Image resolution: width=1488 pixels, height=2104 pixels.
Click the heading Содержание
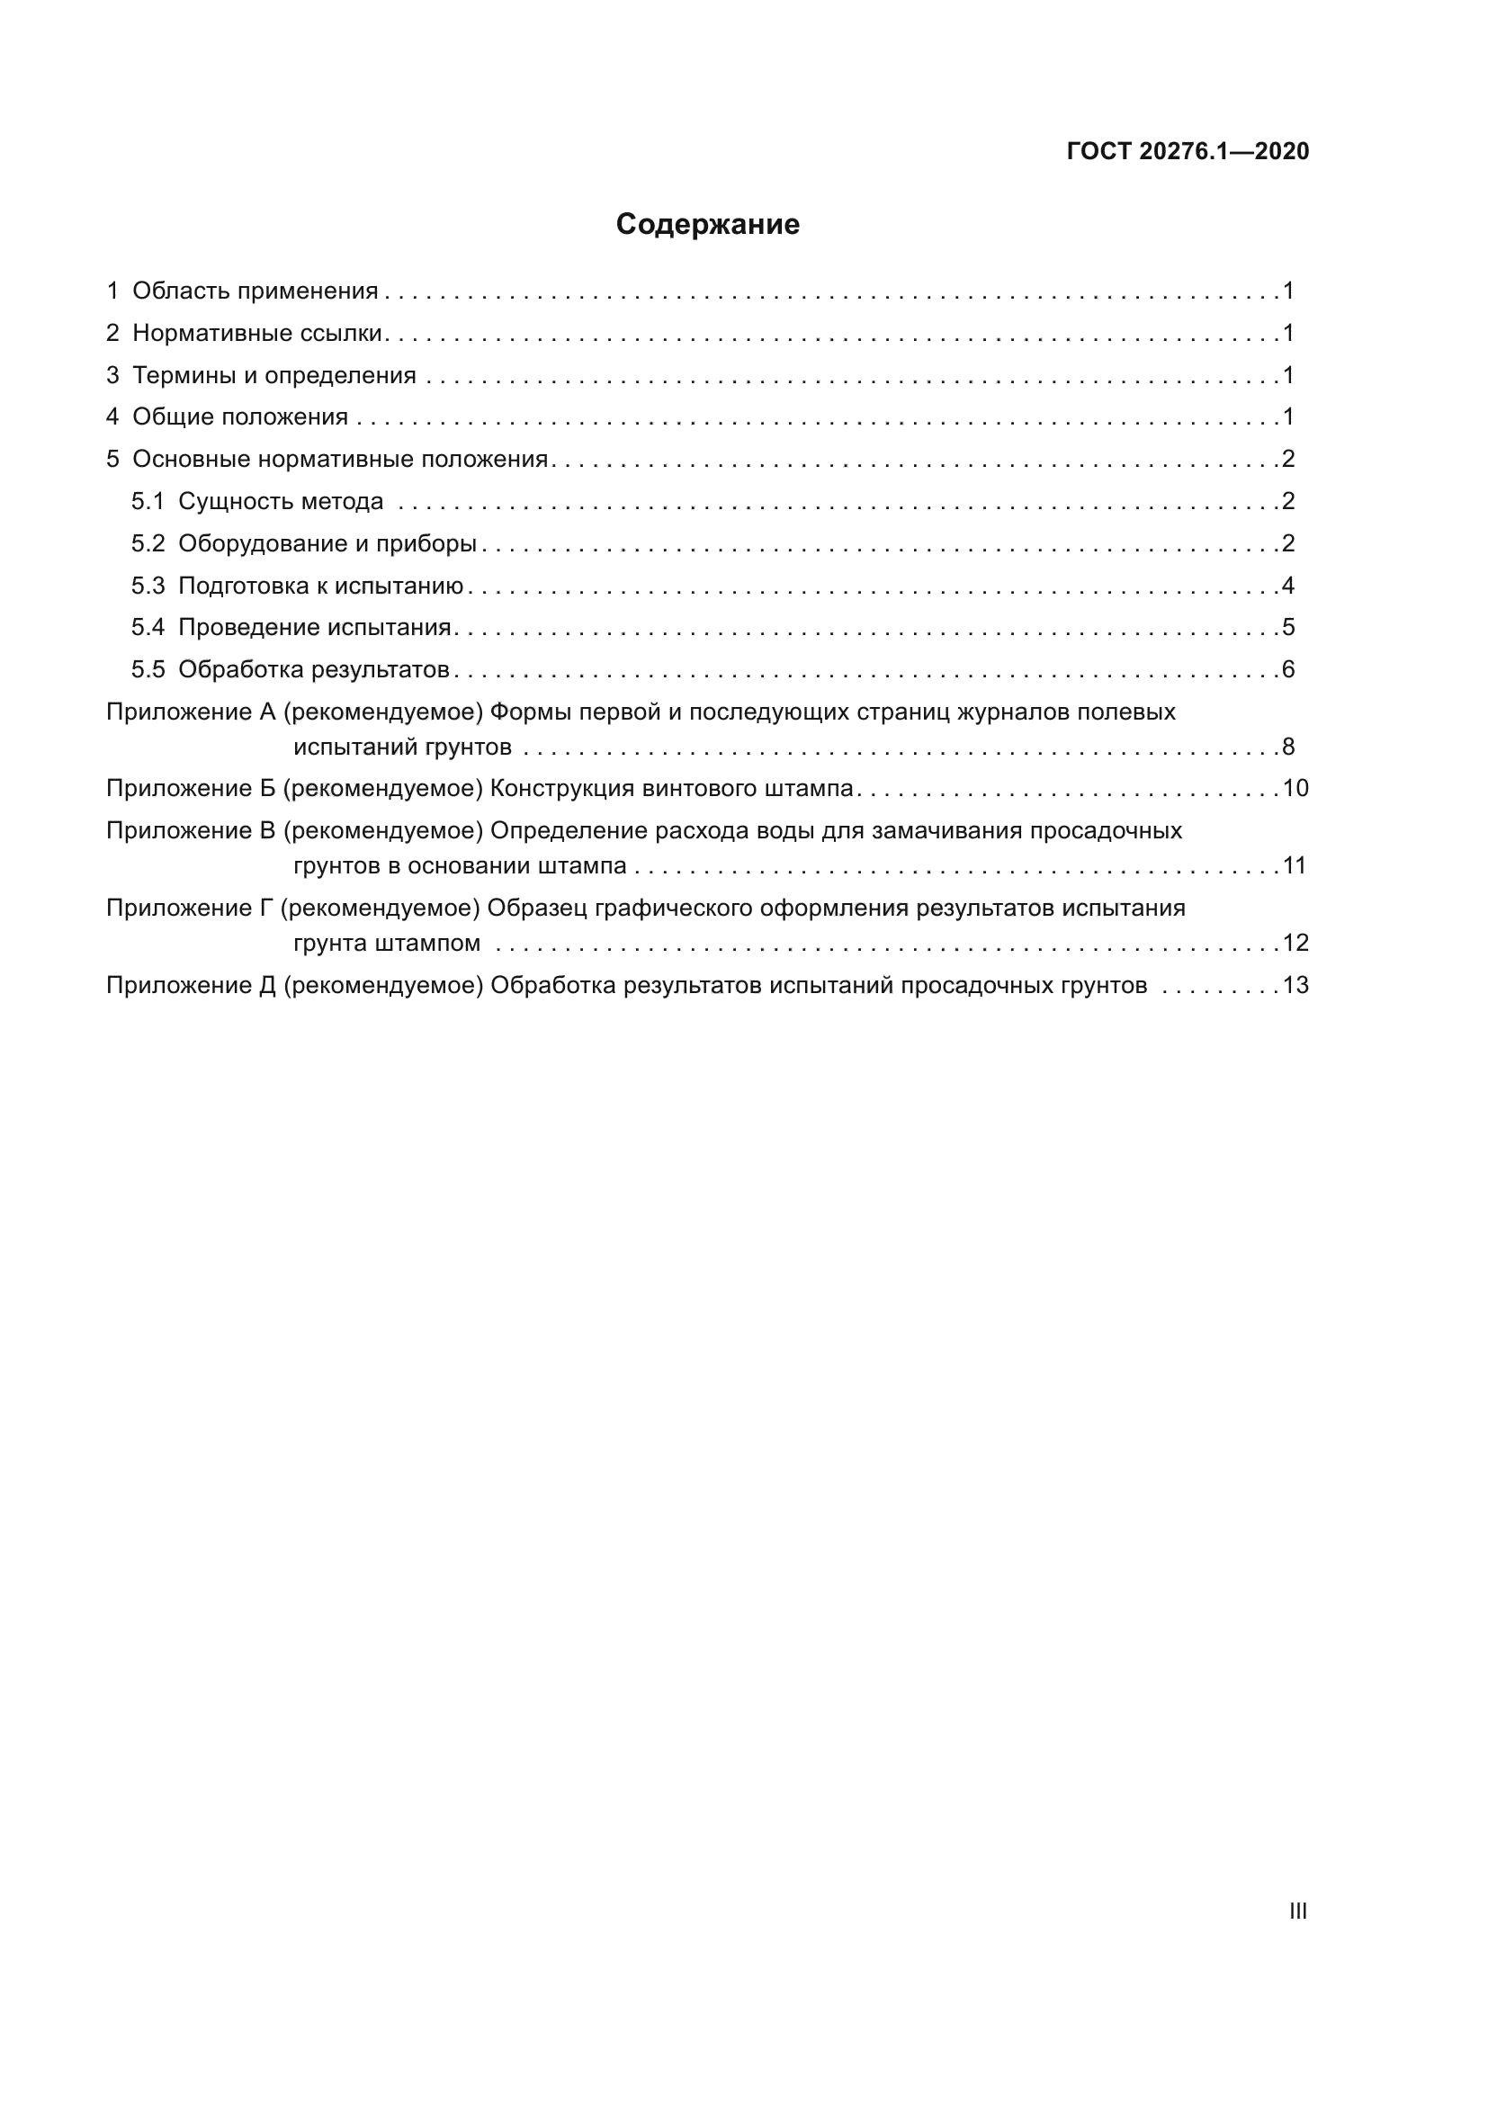pos(707,225)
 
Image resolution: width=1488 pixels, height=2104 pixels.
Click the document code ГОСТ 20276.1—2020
pos(1188,151)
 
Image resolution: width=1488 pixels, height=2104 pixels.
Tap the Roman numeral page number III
pos(1297,1911)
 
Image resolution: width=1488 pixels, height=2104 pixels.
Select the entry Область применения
pos(255,291)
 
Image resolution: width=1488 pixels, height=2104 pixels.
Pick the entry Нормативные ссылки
pos(256,334)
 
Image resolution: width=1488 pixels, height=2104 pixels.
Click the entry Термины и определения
pos(274,376)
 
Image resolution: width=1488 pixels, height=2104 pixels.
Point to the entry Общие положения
pos(240,418)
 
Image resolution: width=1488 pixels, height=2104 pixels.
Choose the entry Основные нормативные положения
pos(340,459)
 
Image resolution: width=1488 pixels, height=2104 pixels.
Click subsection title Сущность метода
pos(281,502)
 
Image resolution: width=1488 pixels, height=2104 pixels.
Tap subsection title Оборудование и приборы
pos(327,544)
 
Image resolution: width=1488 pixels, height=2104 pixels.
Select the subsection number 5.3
pos(148,586)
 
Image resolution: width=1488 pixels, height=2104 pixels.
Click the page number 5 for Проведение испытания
pos(1288,628)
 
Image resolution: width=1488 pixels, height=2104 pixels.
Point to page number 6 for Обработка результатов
pos(1288,670)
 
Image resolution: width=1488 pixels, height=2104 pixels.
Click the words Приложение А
pos(191,712)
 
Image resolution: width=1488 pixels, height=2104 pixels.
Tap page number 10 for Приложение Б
pos(1295,789)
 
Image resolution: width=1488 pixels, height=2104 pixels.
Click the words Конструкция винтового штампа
pos(672,789)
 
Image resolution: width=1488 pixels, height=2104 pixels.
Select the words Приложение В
pos(191,831)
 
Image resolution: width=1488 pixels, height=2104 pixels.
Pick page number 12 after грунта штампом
pos(1295,943)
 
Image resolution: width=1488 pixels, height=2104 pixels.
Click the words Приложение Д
pos(191,986)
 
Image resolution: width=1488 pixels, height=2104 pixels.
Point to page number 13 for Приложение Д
pos(1295,986)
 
